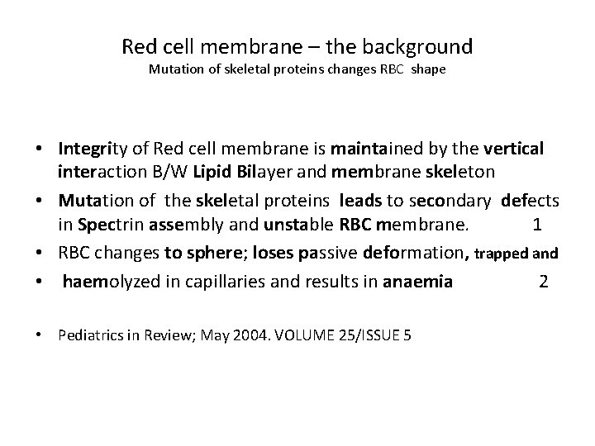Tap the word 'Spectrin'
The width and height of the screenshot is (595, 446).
tap(112, 225)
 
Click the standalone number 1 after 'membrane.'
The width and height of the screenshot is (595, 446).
tap(537, 225)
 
